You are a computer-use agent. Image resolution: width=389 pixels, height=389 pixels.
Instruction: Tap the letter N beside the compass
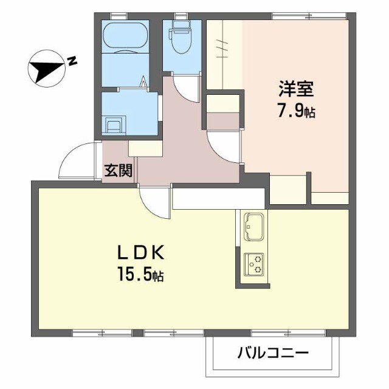pyautogui.click(x=72, y=60)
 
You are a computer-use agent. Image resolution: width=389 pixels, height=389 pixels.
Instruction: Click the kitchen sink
pyautogui.click(x=252, y=225)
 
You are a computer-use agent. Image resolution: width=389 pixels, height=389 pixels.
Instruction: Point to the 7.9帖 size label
pyautogui.click(x=297, y=112)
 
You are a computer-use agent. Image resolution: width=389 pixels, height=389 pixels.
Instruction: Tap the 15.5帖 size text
pyautogui.click(x=141, y=275)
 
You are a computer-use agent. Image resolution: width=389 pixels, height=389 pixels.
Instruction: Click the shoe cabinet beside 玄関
pyautogui.click(x=145, y=149)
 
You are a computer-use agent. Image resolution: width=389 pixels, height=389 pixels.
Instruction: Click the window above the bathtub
pyautogui.click(x=119, y=15)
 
